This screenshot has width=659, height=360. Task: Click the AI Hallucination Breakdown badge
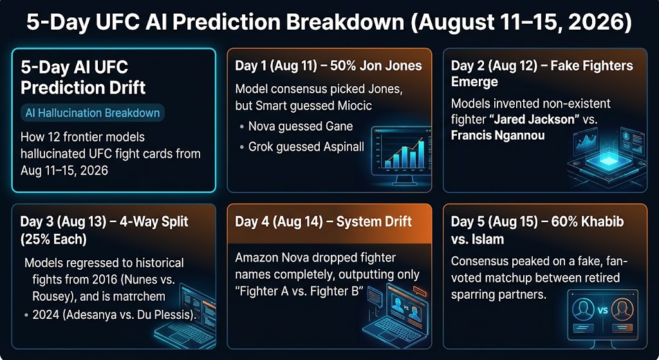[x=93, y=113]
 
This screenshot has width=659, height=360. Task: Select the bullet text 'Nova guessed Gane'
[x=301, y=126]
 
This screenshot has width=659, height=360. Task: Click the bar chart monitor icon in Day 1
[x=401, y=156]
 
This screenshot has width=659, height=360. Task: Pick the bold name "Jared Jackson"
[x=534, y=119]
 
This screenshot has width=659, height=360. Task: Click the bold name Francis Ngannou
[x=497, y=135]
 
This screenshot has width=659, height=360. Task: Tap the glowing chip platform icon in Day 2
[x=607, y=159]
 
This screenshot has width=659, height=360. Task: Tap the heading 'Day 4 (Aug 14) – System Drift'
[x=323, y=222]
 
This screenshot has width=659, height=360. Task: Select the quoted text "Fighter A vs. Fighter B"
[x=299, y=292]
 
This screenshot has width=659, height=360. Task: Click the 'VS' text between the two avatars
[x=602, y=310]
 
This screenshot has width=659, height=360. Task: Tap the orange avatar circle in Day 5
[x=622, y=310]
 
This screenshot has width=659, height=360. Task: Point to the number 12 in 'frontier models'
[x=49, y=137]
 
